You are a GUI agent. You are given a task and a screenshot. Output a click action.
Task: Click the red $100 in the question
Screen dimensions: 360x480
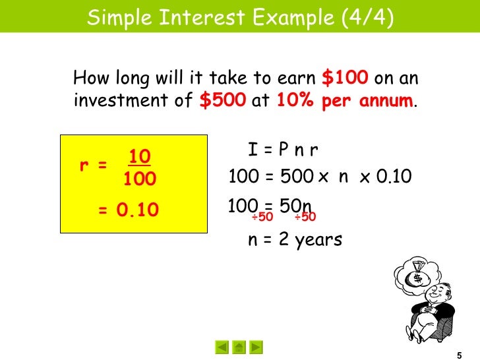[345, 78]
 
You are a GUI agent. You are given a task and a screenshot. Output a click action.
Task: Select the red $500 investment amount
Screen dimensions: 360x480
[222, 102]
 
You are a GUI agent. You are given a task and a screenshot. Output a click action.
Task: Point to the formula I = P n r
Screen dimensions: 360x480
[283, 151]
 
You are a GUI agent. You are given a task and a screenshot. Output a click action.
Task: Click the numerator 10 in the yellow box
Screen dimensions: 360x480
[140, 157]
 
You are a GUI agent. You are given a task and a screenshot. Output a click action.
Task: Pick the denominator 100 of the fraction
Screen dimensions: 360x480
[140, 178]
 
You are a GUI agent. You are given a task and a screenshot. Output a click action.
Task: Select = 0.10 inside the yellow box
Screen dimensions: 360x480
[129, 210]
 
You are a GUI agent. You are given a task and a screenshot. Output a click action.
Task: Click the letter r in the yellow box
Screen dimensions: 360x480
[84, 166]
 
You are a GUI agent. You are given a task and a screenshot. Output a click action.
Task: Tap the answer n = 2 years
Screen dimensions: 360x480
[295, 239]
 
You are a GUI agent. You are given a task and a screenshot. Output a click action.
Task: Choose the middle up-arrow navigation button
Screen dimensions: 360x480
[239, 346]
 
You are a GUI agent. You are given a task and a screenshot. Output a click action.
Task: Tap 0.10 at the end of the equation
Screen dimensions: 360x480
[394, 177]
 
